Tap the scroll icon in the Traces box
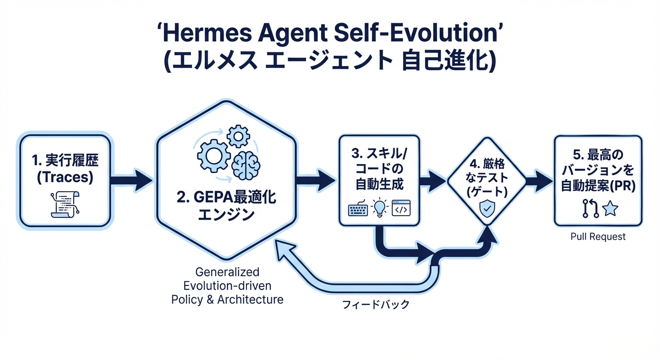tap(65, 204)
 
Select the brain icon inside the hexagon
tap(246, 165)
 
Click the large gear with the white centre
tap(214, 156)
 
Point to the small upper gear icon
tap(239, 136)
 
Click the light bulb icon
tap(380, 207)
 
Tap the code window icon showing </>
tap(401, 208)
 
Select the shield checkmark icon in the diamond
tap(487, 208)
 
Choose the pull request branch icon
tap(591, 208)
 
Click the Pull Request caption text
tap(598, 237)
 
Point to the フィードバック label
tap(375, 304)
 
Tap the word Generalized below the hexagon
tap(227, 272)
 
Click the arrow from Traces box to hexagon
tap(132, 180)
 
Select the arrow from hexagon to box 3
tap(316, 180)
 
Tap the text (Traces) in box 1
tap(65, 177)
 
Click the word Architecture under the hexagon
tap(250, 300)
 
